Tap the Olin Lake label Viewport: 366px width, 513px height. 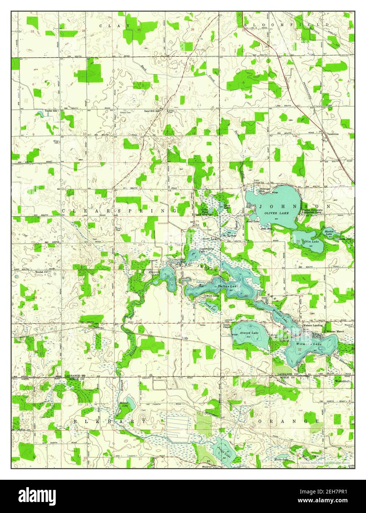click(312, 241)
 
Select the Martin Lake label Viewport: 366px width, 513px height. click(329, 233)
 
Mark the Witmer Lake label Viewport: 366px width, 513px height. click(309, 344)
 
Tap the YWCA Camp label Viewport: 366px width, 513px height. click(212, 296)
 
